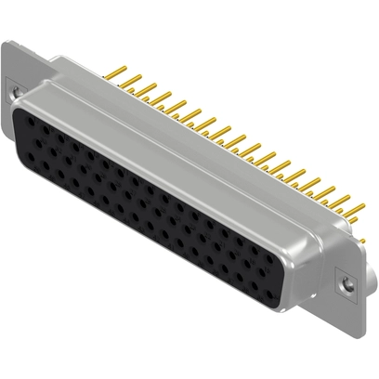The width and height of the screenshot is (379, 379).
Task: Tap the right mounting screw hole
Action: (x=348, y=281)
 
